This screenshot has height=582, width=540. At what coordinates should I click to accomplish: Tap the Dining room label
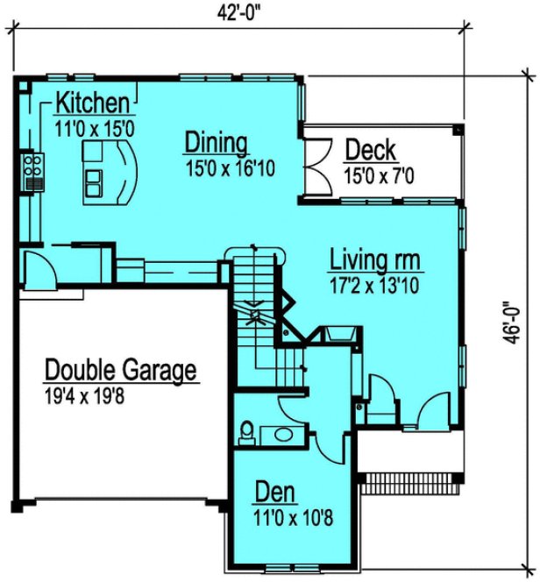click(216, 143)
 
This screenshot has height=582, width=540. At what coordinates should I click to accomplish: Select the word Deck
click(370, 150)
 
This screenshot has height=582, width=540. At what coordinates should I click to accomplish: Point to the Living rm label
click(376, 259)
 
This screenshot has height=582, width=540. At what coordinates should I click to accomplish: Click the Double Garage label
click(120, 369)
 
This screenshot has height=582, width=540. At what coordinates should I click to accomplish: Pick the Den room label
click(274, 491)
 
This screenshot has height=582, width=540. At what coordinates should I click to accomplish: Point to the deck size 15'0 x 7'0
click(379, 176)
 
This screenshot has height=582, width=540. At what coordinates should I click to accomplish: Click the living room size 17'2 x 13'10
click(376, 285)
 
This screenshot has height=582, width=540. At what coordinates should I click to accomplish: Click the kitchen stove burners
click(33, 162)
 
